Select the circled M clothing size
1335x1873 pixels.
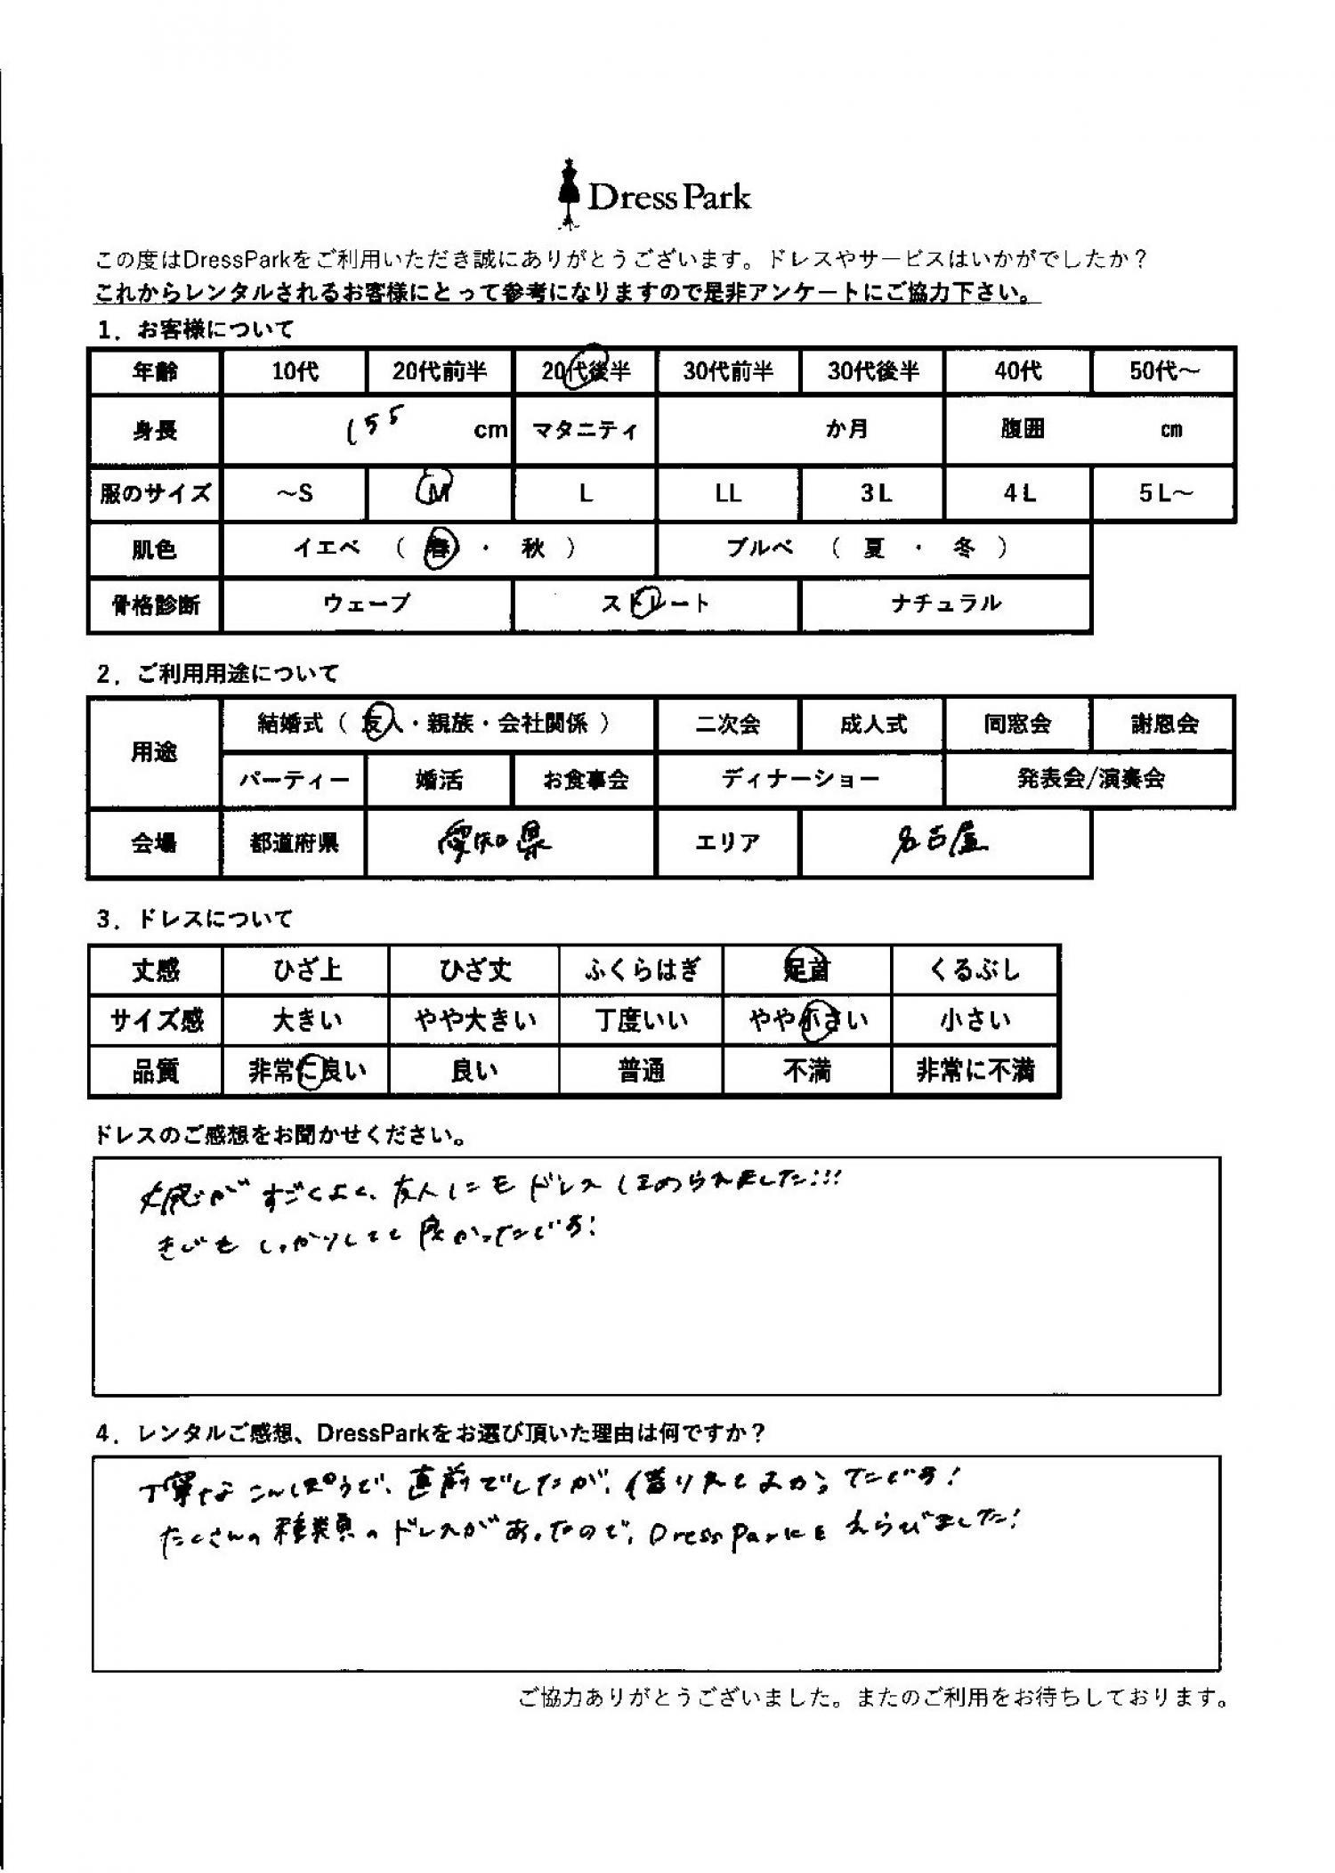point(438,491)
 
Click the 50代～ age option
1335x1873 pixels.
point(1163,370)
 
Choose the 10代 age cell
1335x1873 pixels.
point(295,370)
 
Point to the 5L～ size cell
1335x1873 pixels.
point(1163,492)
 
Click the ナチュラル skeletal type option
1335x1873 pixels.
point(946,604)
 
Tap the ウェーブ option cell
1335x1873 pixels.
point(367,604)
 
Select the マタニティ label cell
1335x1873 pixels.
point(585,430)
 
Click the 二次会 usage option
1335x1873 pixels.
point(728,724)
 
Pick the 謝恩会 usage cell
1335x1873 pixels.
point(1163,724)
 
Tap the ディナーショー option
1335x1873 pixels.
point(800,780)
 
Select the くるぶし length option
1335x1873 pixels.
point(975,969)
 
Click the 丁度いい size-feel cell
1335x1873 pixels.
point(641,1020)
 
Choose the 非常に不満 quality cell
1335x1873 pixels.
point(975,1070)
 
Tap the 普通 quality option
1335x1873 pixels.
point(641,1070)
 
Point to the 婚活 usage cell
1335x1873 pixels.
point(439,780)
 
